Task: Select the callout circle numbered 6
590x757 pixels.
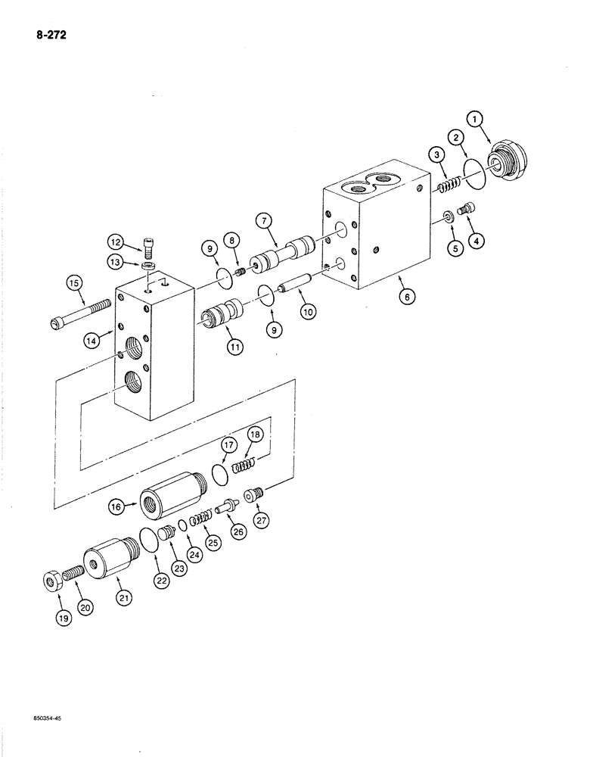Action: tap(408, 297)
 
